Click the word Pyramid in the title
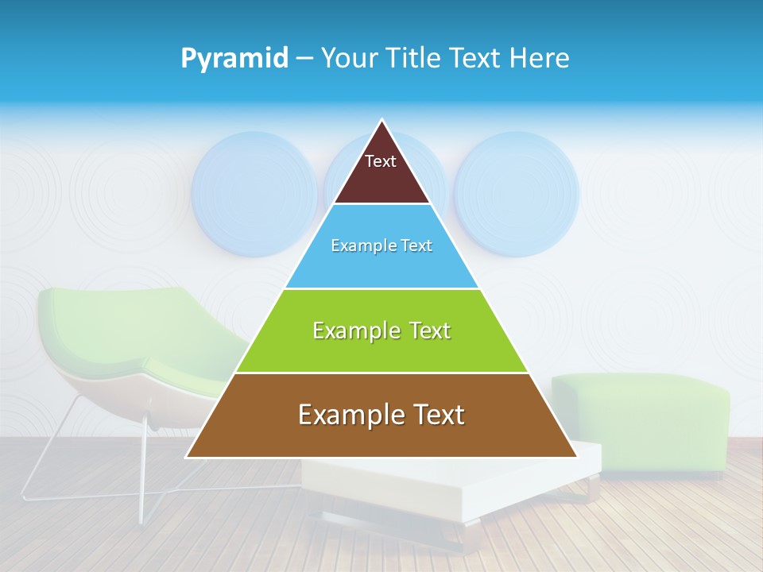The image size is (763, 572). pyautogui.click(x=234, y=58)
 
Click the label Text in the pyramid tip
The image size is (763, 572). pyautogui.click(x=381, y=161)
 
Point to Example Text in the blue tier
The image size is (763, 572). pyautogui.click(x=381, y=245)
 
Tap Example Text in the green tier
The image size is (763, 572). pyautogui.click(x=381, y=330)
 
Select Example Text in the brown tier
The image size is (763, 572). pyautogui.click(x=381, y=415)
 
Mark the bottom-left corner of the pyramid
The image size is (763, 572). pyautogui.click(x=188, y=457)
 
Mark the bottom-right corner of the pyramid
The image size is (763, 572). pyautogui.click(x=576, y=457)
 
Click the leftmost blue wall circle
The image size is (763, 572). pyautogui.click(x=254, y=194)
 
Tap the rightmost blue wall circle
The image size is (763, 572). pyautogui.click(x=517, y=194)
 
